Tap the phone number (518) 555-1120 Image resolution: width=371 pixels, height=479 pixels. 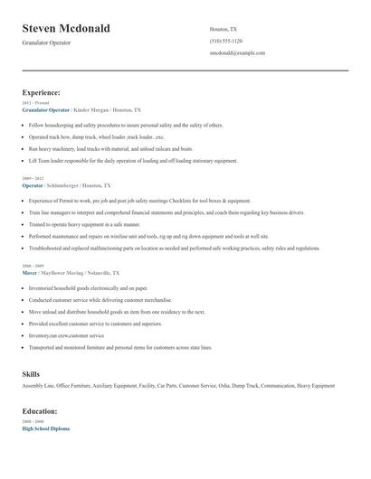pyautogui.click(x=225, y=42)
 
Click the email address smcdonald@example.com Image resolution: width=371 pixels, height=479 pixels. pyautogui.click(x=237, y=53)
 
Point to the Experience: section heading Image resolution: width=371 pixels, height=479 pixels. pyautogui.click(x=41, y=92)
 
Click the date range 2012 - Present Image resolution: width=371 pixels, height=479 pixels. pyautogui.click(x=34, y=103)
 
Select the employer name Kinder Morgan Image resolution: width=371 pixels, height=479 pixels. pyautogui.click(x=93, y=108)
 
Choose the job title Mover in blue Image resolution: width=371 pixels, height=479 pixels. pyautogui.click(x=31, y=272)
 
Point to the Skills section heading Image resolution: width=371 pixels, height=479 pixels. pyautogui.click(x=31, y=373)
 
